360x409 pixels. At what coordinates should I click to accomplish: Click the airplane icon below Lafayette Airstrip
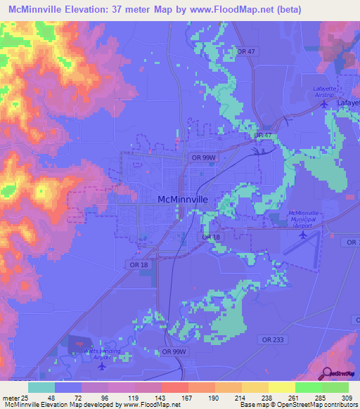[x=323, y=105]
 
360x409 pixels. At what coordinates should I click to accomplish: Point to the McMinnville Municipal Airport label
[x=304, y=218]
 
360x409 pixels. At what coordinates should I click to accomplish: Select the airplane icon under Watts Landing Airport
[x=103, y=365]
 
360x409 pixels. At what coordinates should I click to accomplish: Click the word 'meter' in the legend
[x=10, y=397]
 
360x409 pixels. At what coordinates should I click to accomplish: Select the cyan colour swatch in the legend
[x=41, y=387]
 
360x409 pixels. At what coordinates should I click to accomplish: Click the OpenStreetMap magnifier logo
[x=326, y=373]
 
